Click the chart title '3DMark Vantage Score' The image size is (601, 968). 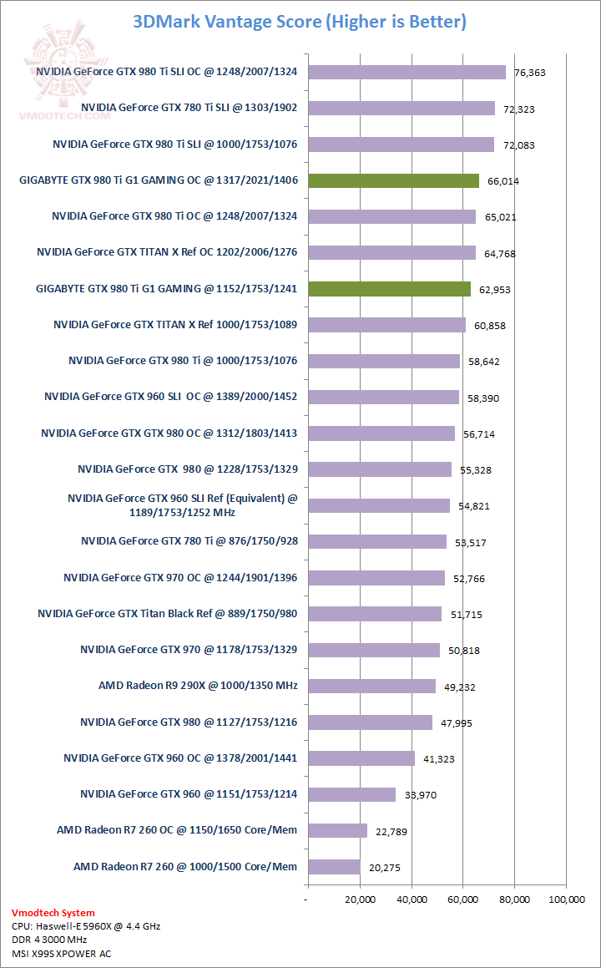(x=299, y=22)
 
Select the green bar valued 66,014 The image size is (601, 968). (x=393, y=180)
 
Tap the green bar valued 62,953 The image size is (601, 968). (x=389, y=289)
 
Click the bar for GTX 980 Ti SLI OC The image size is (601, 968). (x=407, y=72)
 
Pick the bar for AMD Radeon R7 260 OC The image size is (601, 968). (x=337, y=830)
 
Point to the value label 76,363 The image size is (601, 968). (x=530, y=73)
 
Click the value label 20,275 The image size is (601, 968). (x=384, y=868)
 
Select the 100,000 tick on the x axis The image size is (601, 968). (x=566, y=900)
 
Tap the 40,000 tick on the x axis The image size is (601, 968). (x=411, y=900)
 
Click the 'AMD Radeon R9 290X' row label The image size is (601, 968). (x=198, y=686)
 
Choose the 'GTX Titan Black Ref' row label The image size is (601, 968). (x=167, y=614)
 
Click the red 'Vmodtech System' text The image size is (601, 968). (x=53, y=913)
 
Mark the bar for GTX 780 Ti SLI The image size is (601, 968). (x=401, y=108)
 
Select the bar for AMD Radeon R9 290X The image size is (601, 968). (x=371, y=686)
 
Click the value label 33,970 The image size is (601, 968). (x=421, y=795)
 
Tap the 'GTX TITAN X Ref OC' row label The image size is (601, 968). (x=167, y=252)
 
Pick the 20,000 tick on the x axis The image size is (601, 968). (x=359, y=900)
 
